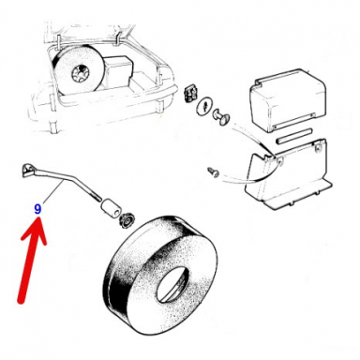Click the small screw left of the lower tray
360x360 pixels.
pos(214,172)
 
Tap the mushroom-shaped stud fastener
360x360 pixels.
pos(223,116)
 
